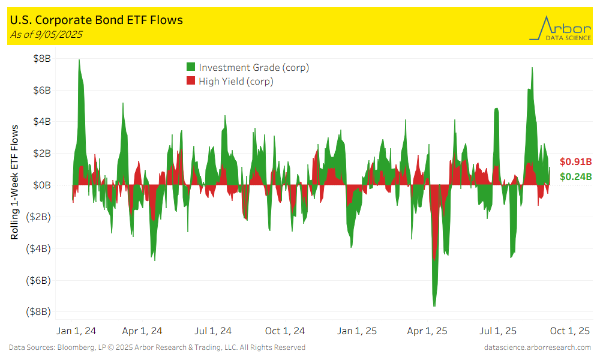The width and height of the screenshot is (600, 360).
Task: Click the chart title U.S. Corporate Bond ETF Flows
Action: (97, 20)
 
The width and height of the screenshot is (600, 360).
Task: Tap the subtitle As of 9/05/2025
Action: (46, 34)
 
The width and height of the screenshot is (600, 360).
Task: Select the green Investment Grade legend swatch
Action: (191, 67)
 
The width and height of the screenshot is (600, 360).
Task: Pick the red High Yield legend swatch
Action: (191, 81)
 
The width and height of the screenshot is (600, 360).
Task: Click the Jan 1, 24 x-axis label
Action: (75, 331)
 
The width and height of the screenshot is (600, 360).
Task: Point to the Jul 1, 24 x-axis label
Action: (214, 331)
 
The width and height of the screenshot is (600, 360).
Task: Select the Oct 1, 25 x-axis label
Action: (571, 331)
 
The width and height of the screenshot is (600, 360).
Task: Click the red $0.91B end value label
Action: (575, 161)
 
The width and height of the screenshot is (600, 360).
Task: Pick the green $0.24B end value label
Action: (575, 176)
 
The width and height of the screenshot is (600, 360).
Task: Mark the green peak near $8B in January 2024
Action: (79, 61)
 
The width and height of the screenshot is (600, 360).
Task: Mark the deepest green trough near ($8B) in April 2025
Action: (434, 305)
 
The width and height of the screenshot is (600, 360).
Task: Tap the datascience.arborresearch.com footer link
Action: (537, 347)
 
